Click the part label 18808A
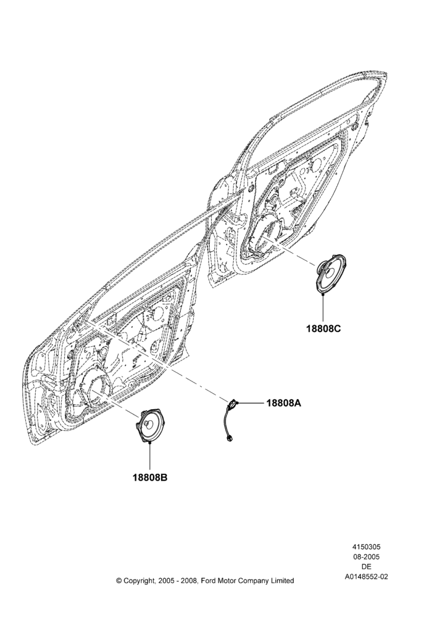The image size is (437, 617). [283, 403]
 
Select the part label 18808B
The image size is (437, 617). [150, 478]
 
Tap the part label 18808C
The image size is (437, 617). [323, 328]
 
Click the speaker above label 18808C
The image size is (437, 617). [331, 274]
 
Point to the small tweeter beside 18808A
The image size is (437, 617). [233, 404]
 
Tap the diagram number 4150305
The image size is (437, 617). [366, 547]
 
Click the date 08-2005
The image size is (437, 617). [366, 557]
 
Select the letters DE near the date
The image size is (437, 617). [366, 566]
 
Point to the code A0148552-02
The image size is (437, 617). [366, 577]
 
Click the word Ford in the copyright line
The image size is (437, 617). [209, 581]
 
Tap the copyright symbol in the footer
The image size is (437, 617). [119, 581]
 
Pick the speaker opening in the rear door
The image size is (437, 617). [265, 234]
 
